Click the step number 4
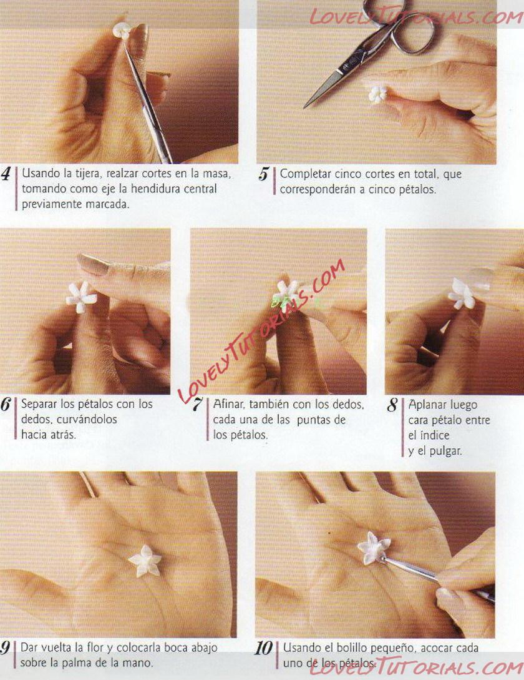(x=6, y=174)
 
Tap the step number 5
(x=263, y=174)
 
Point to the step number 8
(x=392, y=405)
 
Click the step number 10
(x=263, y=648)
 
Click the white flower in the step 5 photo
(x=378, y=94)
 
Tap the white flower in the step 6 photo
(x=81, y=297)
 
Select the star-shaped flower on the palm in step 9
(x=145, y=561)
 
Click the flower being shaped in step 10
(x=374, y=548)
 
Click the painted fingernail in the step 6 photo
(x=90, y=264)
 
